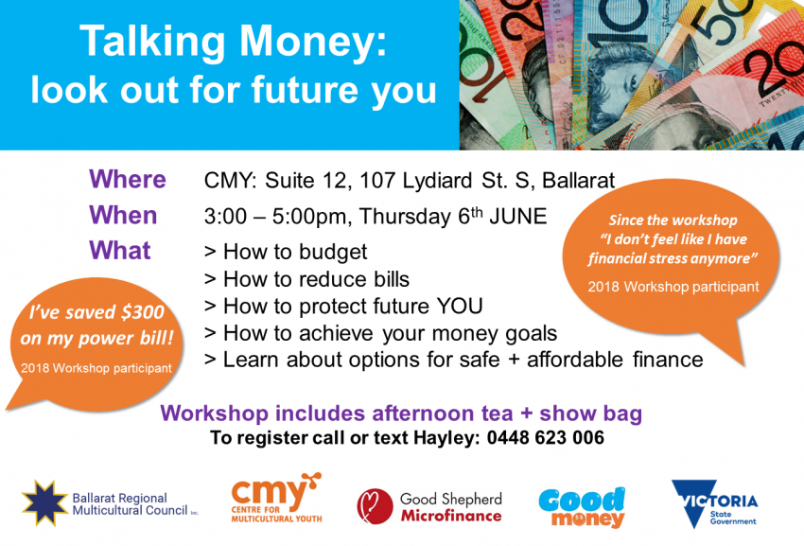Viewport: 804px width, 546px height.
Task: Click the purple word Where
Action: pos(127,180)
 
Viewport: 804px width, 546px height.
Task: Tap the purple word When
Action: pos(123,215)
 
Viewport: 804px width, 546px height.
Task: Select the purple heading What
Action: pos(119,251)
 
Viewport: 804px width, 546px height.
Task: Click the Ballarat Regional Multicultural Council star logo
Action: pos(43,502)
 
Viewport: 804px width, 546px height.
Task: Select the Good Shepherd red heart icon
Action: pos(375,505)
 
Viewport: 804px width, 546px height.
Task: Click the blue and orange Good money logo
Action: pos(582,506)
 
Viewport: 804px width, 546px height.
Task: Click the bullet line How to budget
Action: pos(286,253)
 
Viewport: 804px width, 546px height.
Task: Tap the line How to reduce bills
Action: pos(306,279)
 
